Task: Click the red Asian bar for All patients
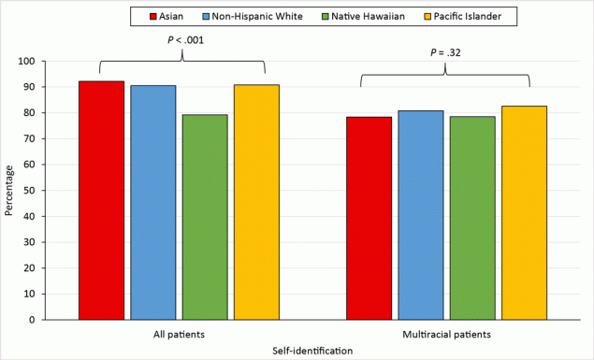click(101, 200)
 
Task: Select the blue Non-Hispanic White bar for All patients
click(153, 202)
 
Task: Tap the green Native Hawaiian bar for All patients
click(205, 217)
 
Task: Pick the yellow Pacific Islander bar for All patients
click(256, 202)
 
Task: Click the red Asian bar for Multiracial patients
click(369, 218)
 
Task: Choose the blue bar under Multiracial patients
click(421, 215)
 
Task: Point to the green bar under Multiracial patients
click(472, 218)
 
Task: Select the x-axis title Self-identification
click(311, 350)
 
